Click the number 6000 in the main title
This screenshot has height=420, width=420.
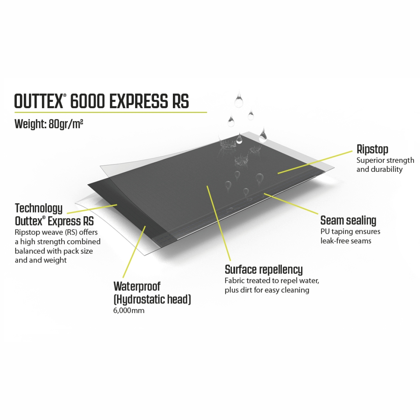(87, 101)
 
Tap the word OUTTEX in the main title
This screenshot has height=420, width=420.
(38, 101)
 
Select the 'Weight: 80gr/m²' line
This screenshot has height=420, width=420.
(49, 125)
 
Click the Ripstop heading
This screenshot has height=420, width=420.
(372, 150)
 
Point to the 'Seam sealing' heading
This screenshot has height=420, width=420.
(348, 220)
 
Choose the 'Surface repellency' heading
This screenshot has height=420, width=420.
(264, 269)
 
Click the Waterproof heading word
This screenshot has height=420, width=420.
(137, 286)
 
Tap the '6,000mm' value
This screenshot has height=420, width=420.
(128, 310)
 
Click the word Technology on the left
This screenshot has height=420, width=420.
(38, 209)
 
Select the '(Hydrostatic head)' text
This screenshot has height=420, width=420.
(152, 299)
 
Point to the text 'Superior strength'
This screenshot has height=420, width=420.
(385, 160)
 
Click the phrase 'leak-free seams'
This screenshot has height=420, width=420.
(346, 241)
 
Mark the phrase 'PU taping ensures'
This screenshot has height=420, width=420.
(350, 231)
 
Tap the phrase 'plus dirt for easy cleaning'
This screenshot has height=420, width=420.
(267, 290)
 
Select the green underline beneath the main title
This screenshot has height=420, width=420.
(111, 112)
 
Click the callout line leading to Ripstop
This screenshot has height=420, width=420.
(315, 162)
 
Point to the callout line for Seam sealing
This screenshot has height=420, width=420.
(291, 203)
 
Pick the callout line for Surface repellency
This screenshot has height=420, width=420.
(219, 223)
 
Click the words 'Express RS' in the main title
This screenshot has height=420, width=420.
(149, 101)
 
